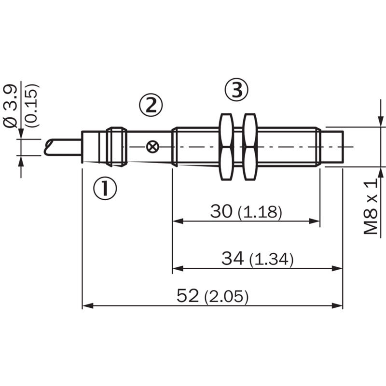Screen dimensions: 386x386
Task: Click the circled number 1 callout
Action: pos(105,188)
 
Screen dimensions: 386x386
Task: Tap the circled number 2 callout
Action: pos(151,105)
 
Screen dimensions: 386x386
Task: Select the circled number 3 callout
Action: pos(237,90)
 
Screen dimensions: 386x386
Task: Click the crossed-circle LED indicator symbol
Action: pos(152,147)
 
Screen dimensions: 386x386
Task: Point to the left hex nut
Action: pos(226,147)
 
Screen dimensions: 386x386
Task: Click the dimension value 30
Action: pos(221,211)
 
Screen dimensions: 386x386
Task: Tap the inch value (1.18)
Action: pos(260,212)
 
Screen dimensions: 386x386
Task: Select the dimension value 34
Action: pos(233,258)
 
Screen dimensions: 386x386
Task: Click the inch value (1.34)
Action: pos(272,260)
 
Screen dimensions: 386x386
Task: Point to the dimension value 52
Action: pos(188,296)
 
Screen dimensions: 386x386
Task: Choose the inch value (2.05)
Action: pos(226,297)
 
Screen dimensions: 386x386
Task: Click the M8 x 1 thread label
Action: pos(371,207)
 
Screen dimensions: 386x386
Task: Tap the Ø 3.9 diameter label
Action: pos(11,106)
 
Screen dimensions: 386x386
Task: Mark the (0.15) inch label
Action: pos(32,106)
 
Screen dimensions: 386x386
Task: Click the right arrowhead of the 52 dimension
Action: pos(337,306)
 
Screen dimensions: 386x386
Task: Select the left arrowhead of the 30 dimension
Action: pos(178,221)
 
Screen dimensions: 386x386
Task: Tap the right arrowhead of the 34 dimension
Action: pos(337,268)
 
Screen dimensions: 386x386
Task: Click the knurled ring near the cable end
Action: pos(116,147)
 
